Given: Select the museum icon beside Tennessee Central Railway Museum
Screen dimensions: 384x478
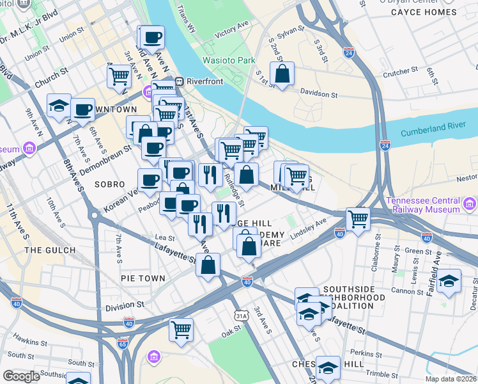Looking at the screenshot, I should click(470, 205).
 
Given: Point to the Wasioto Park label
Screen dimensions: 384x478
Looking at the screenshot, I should click(229, 61).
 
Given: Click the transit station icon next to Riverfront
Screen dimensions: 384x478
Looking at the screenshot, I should click(180, 81).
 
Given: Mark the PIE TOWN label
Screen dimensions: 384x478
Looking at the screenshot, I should click(143, 278).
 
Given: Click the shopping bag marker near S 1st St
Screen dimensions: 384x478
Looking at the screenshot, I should click(282, 74).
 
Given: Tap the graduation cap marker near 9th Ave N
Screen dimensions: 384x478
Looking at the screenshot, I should click(59, 106).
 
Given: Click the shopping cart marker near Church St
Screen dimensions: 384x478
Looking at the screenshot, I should click(119, 76).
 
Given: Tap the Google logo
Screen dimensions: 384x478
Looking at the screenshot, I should click(21, 376).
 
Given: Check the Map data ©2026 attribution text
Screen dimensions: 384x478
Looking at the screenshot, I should click(451, 379).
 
